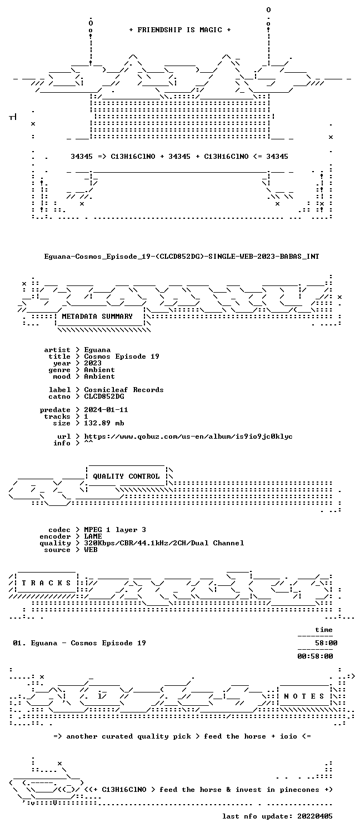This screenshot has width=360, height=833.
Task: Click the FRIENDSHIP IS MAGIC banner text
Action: pyautogui.click(x=179, y=30)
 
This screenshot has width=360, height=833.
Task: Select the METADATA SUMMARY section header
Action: pyautogui.click(x=97, y=317)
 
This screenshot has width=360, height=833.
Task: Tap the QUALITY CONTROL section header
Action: pyautogui.click(x=126, y=476)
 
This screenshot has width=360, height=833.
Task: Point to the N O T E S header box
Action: pyautogui.click(x=304, y=696)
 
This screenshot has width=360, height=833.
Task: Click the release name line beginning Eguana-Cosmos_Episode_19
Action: pyautogui.click(x=182, y=256)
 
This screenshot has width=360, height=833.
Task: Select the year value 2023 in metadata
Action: pyautogui.click(x=93, y=363)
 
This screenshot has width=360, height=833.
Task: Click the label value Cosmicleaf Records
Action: pyautogui.click(x=124, y=390)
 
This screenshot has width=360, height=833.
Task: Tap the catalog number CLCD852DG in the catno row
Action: pyautogui.click(x=104, y=397)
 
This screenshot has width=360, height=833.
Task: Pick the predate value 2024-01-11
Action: pyautogui.click(x=106, y=410)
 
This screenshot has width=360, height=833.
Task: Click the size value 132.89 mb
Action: pyautogui.click(x=104, y=423)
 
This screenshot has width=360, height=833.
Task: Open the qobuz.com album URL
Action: pyautogui.click(x=188, y=436)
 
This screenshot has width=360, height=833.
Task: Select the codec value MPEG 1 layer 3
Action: pyautogui.click(x=115, y=530)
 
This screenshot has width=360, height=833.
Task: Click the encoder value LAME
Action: pyautogui.click(x=93, y=536)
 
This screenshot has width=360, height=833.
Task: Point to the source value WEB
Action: pyautogui.click(x=91, y=550)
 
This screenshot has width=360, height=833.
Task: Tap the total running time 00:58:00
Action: pyautogui.click(x=315, y=656)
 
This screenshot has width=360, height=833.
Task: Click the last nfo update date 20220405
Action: pyautogui.click(x=315, y=816)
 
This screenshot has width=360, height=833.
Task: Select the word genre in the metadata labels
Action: pyautogui.click(x=59, y=370)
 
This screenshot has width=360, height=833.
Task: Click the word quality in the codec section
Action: pyautogui.click(x=55, y=543)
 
